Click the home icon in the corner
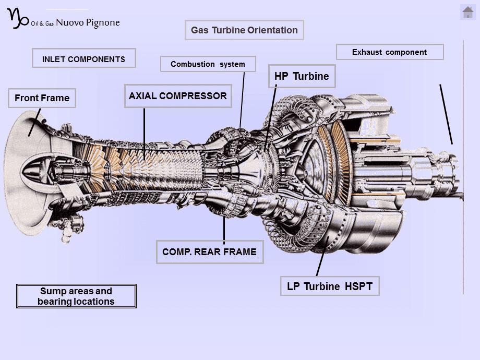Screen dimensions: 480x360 click(467, 13)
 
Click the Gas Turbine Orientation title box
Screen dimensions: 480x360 click(244, 30)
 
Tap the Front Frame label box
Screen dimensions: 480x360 click(42, 98)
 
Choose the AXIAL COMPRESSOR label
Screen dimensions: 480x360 click(178, 96)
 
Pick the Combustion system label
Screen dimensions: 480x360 click(208, 64)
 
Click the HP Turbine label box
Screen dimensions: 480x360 click(302, 76)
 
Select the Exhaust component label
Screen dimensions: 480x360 click(389, 52)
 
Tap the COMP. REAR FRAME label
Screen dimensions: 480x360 click(210, 252)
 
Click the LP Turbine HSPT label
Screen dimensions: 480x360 click(330, 286)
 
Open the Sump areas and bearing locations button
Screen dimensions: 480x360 click(76, 296)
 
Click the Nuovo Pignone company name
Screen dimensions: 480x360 click(88, 22)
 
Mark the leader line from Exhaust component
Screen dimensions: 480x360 click(446, 114)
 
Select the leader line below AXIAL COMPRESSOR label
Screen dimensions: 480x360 click(144, 134)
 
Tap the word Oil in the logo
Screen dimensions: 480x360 click(34, 23)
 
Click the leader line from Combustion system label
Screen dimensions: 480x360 click(242, 100)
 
